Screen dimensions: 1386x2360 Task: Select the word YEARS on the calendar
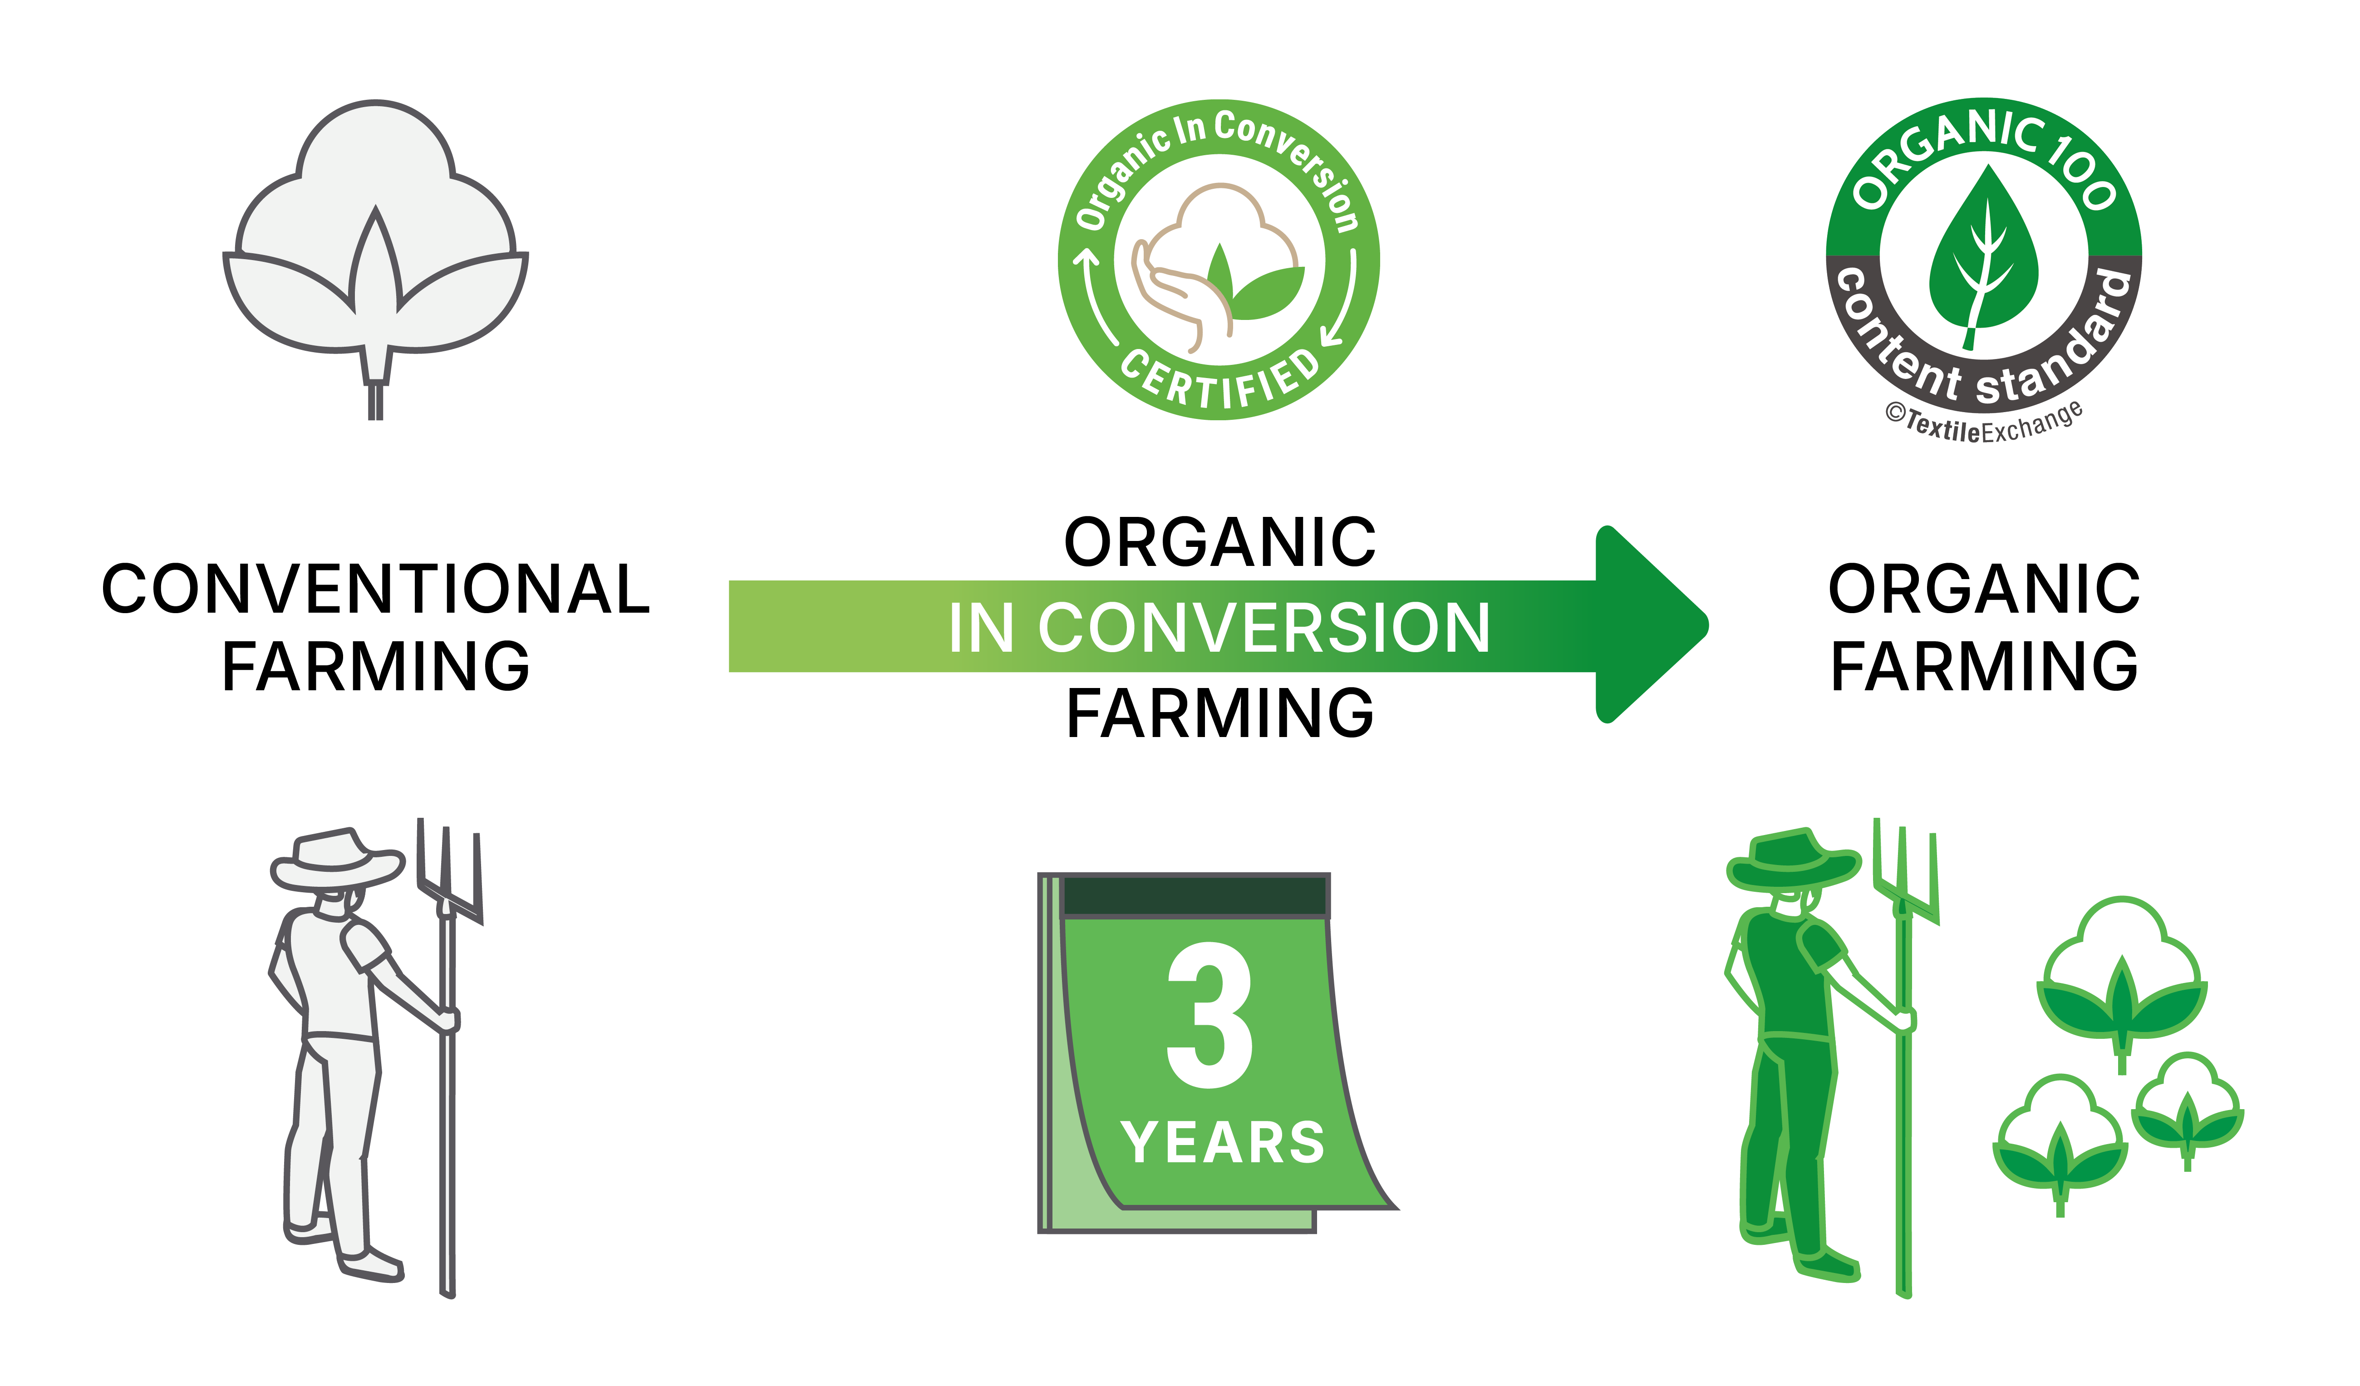[x=1222, y=1142]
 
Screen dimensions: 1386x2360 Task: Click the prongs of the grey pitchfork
[x=449, y=871]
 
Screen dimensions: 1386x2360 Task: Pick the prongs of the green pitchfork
[x=1906, y=871]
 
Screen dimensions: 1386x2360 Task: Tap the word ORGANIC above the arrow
[x=1219, y=543]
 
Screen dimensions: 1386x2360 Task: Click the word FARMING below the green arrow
[x=1219, y=713]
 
